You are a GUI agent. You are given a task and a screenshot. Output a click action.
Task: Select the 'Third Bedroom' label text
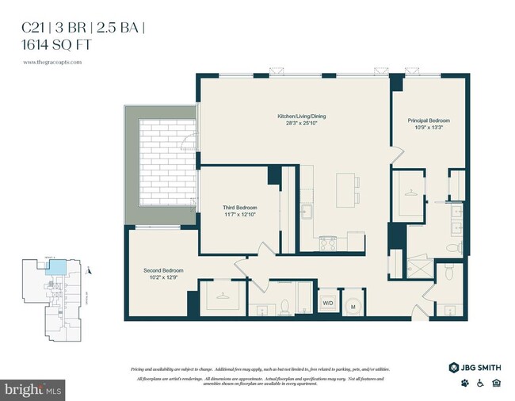pyautogui.click(x=239, y=208)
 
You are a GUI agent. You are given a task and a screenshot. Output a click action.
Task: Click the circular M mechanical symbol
pyautogui.click(x=352, y=305)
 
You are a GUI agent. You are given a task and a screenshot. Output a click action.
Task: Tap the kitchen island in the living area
pyautogui.click(x=346, y=191)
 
